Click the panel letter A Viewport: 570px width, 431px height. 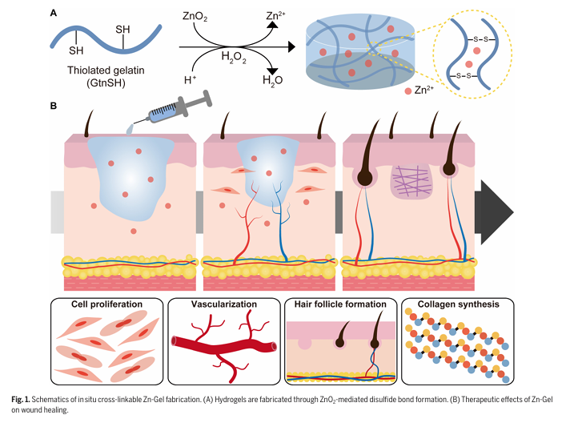coord(53,13)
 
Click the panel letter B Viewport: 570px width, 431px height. coord(53,105)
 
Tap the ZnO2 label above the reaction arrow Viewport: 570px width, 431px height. coord(195,16)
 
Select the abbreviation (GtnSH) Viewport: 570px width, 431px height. coord(101,83)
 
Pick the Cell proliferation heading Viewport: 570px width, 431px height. coord(106,305)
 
